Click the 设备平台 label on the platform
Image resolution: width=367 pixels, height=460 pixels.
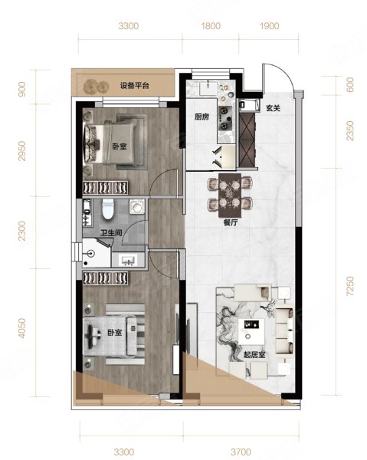(x=135, y=86)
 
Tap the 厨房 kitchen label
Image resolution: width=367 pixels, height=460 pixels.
(x=202, y=117)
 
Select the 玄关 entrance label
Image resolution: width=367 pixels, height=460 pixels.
(x=273, y=108)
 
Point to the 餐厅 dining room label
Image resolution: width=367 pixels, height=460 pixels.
(x=231, y=222)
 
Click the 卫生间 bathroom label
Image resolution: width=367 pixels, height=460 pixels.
(x=111, y=233)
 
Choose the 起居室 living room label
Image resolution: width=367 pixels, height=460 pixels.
(x=254, y=355)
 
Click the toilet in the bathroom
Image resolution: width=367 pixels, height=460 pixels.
(x=108, y=209)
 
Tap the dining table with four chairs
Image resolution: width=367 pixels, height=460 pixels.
(x=230, y=195)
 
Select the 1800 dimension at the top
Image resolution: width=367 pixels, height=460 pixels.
(x=211, y=26)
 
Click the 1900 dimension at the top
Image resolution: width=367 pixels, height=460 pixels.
(x=270, y=26)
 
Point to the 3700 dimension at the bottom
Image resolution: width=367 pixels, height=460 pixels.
(x=241, y=452)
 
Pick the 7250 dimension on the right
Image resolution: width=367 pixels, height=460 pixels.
(x=350, y=286)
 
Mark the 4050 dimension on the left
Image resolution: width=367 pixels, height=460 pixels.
(x=21, y=328)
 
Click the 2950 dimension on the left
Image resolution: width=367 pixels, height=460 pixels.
(x=21, y=151)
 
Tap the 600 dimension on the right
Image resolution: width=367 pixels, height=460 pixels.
(x=350, y=85)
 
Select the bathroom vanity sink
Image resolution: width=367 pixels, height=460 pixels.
(x=129, y=260)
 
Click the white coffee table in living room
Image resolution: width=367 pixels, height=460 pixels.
(x=251, y=332)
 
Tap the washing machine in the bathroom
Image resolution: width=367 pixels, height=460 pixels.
(x=137, y=206)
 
